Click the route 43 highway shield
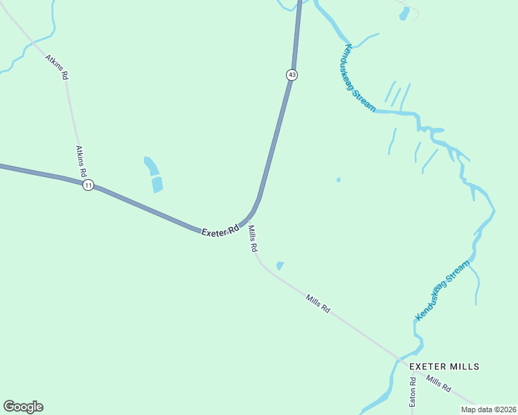tap(292, 75)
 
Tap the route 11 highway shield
tap(88, 185)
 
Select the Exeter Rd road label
tap(220, 230)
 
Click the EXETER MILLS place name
tap(444, 366)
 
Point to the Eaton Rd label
tap(412, 391)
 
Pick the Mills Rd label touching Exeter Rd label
tap(253, 238)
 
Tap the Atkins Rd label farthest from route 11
tap(57, 66)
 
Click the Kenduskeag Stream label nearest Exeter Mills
tap(443, 290)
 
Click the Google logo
tap(23, 407)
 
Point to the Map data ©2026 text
tap(488, 409)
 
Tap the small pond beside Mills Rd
tap(280, 266)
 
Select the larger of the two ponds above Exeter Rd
tap(157, 184)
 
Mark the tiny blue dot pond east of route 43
tap(338, 180)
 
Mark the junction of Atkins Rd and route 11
tap(82, 183)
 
